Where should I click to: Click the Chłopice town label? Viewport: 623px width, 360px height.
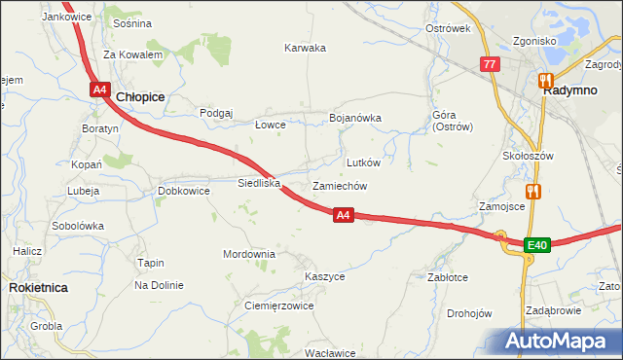pos(140,97)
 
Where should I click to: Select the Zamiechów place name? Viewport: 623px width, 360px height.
pos(339,186)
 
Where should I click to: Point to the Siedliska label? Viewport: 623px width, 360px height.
pos(260,182)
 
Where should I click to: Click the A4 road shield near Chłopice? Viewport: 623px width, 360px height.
pos(100,90)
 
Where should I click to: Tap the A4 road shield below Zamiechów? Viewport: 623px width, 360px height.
pos(343,215)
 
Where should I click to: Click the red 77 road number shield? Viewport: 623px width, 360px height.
pos(490,64)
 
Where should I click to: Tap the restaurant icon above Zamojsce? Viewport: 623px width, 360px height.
pos(531,192)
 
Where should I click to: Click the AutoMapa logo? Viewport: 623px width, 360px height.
pos(557,342)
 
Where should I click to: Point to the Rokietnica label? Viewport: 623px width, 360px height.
pos(37,288)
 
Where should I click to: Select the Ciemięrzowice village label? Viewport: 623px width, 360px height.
pos(278,306)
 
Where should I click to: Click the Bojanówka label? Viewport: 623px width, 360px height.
pos(355,119)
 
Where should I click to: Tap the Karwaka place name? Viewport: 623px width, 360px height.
pos(305,48)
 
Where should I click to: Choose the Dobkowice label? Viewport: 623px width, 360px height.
pos(184,192)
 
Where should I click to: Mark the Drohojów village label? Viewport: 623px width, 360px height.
pos(469,313)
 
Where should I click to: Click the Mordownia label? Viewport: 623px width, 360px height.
pos(249,254)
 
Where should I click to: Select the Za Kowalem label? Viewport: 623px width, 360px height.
pos(132,55)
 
